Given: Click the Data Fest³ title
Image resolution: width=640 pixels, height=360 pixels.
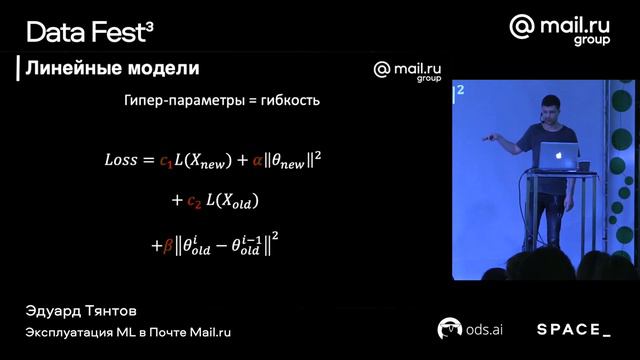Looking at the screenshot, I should (x=89, y=32).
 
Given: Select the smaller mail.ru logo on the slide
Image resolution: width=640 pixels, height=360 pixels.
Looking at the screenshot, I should (x=407, y=70).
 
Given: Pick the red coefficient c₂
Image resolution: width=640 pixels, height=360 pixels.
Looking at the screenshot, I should (x=195, y=202).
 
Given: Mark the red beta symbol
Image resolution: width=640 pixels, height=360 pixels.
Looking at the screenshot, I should (x=168, y=245).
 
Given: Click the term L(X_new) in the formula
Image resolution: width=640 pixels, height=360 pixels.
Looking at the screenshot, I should (x=204, y=160).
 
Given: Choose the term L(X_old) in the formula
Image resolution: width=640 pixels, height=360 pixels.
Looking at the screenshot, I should (x=232, y=202).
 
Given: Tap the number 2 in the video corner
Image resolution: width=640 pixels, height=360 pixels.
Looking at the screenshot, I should (x=461, y=91).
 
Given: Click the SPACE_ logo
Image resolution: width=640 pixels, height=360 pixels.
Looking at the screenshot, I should (x=573, y=329).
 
